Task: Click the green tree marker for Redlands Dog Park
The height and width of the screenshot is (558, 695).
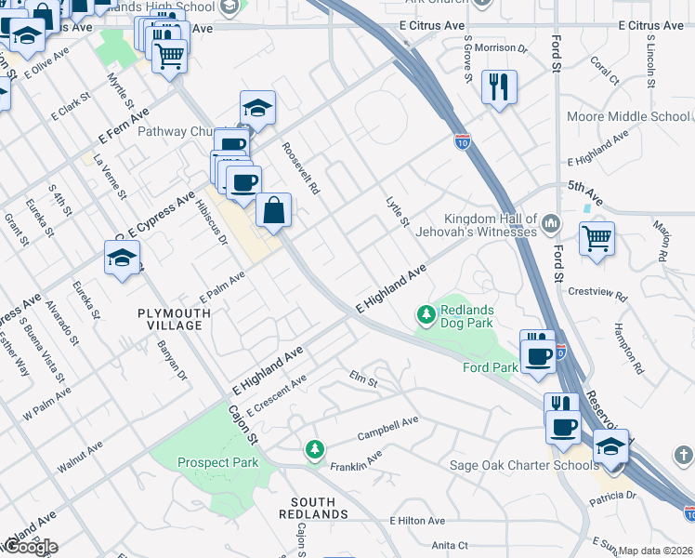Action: click(426, 316)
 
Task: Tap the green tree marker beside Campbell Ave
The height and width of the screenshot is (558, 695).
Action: click(316, 450)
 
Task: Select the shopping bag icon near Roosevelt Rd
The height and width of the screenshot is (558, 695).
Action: click(274, 211)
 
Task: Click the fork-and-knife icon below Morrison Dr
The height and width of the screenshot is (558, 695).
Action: click(500, 87)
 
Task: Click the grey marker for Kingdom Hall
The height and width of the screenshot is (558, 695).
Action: click(551, 223)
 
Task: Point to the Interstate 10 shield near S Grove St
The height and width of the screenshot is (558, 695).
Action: click(463, 142)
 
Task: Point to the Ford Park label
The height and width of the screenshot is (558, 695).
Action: click(491, 367)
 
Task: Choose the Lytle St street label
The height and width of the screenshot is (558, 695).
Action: click(397, 211)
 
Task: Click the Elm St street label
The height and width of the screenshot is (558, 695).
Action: click(363, 379)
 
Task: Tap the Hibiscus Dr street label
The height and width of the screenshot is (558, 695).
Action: click(209, 219)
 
